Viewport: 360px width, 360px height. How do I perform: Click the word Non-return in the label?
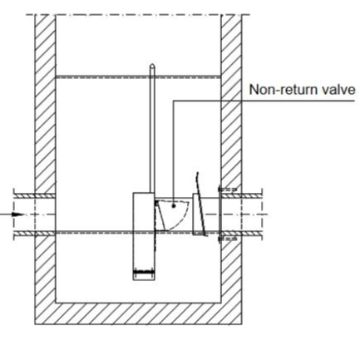click(x=283, y=90)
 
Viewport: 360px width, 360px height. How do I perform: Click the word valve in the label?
click(x=338, y=90)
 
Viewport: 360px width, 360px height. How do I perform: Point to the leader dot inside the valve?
click(x=173, y=206)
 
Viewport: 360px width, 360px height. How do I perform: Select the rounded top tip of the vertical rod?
click(x=152, y=65)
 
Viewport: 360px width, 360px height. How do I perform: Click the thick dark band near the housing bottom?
click(x=144, y=272)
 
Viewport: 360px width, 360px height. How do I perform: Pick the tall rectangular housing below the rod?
click(x=144, y=236)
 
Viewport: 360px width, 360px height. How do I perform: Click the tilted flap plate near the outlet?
click(x=201, y=204)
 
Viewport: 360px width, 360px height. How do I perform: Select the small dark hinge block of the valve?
click(x=156, y=203)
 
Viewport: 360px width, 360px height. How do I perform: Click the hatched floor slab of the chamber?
click(x=138, y=314)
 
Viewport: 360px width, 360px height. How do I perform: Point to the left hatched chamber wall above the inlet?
click(x=45, y=104)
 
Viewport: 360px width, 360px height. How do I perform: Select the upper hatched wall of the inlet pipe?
click(x=34, y=196)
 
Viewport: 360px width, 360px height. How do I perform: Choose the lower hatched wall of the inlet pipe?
click(x=34, y=233)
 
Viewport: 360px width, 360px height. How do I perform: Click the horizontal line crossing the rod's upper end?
click(x=138, y=77)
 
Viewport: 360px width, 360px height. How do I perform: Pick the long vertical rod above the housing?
click(x=152, y=128)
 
